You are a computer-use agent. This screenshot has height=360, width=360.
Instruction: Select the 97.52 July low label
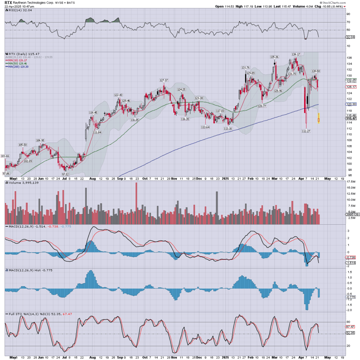tap(65, 174)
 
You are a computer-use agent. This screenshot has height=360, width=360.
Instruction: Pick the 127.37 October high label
tap(164, 80)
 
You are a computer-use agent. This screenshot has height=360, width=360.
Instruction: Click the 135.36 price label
tap(275, 57)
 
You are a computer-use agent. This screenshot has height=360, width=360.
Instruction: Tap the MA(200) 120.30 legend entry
tap(17, 67)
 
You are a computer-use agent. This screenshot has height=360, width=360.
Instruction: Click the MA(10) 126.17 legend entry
tap(17, 60)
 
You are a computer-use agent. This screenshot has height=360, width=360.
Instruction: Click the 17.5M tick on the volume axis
tap(351, 182)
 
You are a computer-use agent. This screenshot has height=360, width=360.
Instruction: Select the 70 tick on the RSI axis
tap(348, 22)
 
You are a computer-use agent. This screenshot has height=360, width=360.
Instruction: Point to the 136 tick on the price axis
tap(349, 58)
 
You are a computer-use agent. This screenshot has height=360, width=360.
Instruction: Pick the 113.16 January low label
tap(228, 129)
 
